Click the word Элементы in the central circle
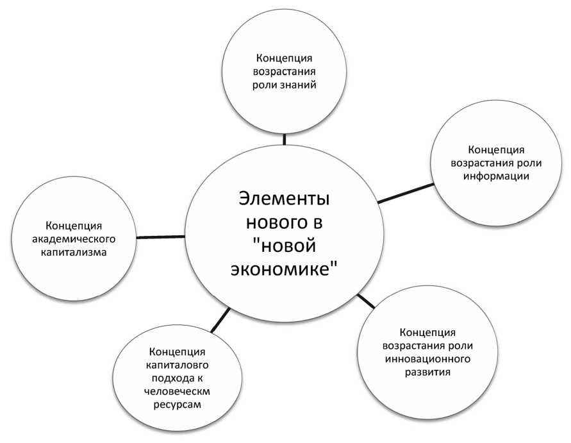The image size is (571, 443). coord(283,198)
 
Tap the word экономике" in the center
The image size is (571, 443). coord(283,270)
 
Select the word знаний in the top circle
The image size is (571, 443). coord(299,84)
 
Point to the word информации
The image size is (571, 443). coord(496,177)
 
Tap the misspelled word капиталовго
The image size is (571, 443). coord(176,365)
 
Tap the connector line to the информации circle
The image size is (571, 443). coord(405,194)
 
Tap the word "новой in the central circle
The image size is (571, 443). coord(283,246)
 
